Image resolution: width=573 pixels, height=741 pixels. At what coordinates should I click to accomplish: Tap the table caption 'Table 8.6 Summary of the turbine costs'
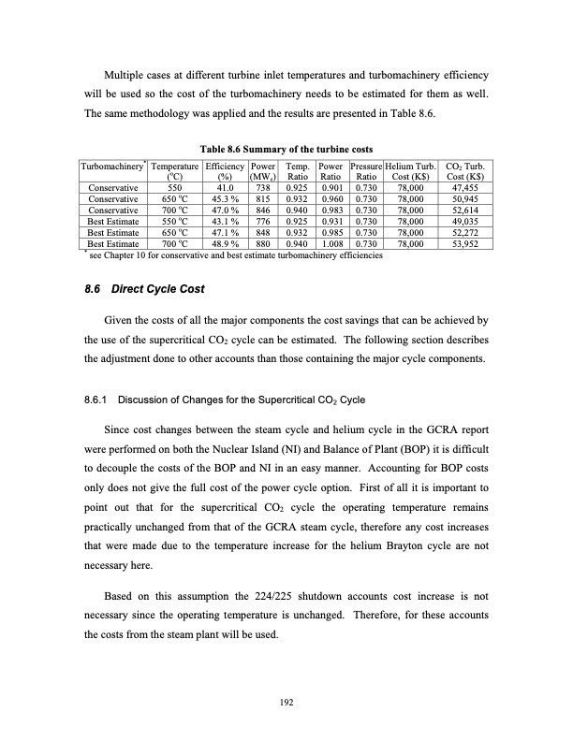pyautogui.click(x=286, y=148)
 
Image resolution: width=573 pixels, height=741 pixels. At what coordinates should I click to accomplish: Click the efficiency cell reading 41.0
pyautogui.click(x=224, y=187)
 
